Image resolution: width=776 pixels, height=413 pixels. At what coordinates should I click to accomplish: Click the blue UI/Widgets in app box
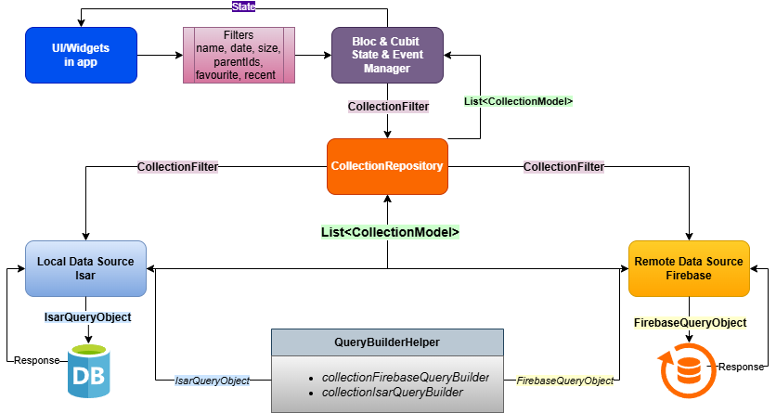tap(82, 55)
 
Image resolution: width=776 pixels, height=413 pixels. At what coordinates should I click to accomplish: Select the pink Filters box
tap(238, 55)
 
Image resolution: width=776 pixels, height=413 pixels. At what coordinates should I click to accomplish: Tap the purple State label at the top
tap(243, 7)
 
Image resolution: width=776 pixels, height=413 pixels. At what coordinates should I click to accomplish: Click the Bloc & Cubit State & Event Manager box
tap(387, 55)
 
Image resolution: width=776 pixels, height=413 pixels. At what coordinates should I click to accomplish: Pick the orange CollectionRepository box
tap(387, 166)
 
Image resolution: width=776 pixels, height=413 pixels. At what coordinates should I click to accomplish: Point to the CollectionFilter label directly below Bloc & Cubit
tap(388, 107)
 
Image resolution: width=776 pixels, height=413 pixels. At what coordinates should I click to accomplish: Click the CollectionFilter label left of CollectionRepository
tap(178, 167)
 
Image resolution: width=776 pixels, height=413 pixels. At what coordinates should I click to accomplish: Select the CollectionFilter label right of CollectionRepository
tap(563, 167)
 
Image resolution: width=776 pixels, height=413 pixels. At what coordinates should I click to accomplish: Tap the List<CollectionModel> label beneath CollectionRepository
tap(390, 232)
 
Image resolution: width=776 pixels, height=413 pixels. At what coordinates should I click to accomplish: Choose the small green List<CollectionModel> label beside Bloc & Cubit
tap(518, 101)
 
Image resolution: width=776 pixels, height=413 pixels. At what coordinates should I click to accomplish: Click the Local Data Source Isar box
tap(85, 268)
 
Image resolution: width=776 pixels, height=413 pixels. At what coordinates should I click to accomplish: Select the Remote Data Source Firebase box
tap(688, 268)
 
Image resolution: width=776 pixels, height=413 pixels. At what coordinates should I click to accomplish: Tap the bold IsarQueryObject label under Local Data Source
tap(88, 317)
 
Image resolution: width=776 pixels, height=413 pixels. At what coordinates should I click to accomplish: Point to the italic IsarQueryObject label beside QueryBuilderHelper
tap(212, 381)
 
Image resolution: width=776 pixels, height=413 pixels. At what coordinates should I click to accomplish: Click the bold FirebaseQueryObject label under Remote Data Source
tap(690, 323)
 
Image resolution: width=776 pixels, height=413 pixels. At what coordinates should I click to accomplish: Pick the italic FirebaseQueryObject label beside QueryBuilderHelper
tap(564, 381)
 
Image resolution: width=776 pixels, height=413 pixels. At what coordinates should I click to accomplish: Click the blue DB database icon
tap(89, 370)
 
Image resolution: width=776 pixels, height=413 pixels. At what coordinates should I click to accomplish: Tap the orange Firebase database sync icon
tap(687, 370)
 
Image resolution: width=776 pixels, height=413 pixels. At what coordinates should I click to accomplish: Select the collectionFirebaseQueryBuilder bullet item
tap(405, 378)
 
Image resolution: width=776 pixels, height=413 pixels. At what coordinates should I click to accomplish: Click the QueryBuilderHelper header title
tap(387, 342)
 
